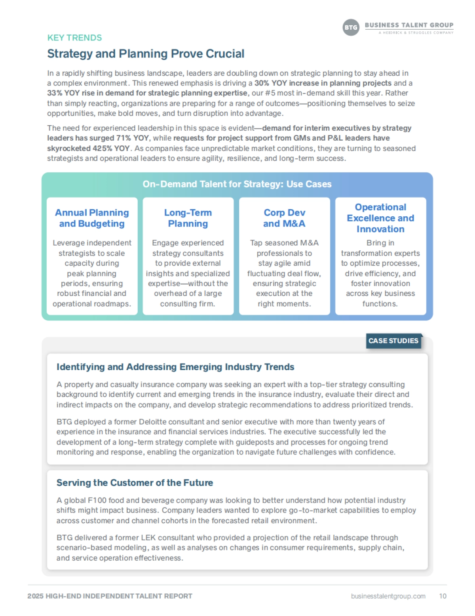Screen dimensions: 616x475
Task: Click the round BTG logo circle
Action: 351,27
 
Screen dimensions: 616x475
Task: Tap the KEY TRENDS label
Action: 74,38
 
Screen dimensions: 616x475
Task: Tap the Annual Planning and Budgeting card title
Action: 92,218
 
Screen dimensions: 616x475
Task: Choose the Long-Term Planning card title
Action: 188,218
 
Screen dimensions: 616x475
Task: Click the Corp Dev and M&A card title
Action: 284,218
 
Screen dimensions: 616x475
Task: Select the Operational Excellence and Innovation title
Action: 380,218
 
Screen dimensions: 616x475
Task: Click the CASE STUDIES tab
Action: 393,341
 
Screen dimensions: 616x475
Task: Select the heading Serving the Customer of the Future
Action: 135,483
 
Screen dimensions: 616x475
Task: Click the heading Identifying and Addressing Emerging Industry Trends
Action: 175,367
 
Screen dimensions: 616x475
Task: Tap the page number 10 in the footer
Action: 443,596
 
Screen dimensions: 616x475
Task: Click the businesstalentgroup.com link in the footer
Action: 388,596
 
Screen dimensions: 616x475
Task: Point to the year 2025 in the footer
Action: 35,596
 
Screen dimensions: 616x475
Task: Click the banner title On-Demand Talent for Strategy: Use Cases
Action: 237,184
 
